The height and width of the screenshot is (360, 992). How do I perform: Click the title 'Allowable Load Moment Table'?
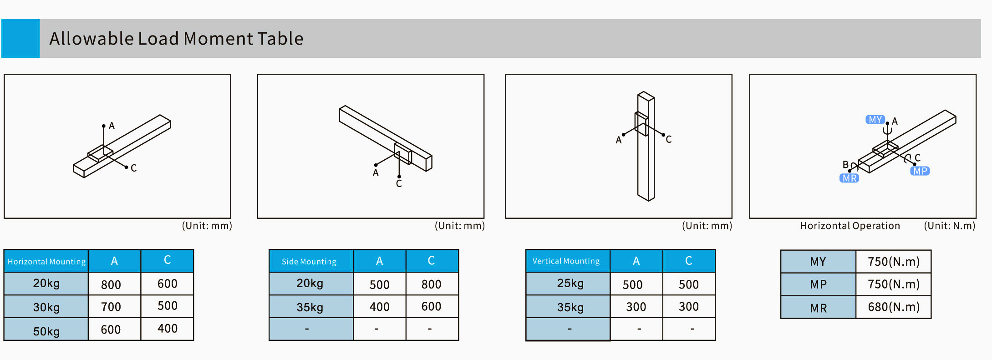click(176, 39)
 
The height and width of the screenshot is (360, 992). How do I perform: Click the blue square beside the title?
click(20, 38)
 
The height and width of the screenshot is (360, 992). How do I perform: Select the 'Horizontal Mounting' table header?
click(46, 261)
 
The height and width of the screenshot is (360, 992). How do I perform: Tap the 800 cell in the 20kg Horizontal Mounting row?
click(111, 284)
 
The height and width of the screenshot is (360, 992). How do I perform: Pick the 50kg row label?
click(46, 331)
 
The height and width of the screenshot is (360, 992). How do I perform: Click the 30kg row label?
click(46, 307)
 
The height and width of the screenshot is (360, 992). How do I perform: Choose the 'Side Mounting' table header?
click(309, 261)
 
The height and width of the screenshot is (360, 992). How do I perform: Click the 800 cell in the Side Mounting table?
click(431, 284)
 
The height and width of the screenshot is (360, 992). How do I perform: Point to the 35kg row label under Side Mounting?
click(310, 307)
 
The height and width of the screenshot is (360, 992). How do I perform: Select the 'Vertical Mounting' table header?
click(566, 261)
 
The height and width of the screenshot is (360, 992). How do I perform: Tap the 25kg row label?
click(570, 283)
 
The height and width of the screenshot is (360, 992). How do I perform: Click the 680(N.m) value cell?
click(894, 307)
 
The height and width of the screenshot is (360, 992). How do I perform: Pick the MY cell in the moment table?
click(818, 262)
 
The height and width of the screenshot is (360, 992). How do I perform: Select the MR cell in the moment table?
click(818, 308)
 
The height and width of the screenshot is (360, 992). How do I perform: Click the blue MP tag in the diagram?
click(920, 171)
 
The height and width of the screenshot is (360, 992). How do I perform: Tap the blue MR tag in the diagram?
click(850, 178)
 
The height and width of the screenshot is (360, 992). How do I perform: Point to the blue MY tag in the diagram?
click(875, 120)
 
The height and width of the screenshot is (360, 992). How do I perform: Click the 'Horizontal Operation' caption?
click(850, 226)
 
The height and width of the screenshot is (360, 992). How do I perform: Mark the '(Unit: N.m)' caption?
click(950, 226)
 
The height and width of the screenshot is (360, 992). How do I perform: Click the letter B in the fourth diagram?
click(845, 164)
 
